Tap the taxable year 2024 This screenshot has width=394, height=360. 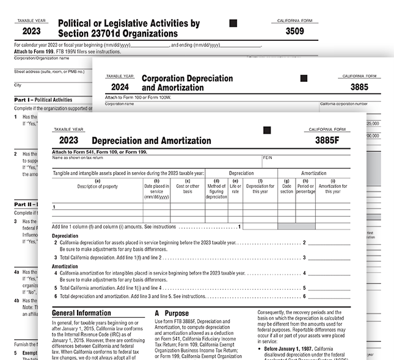click(119, 87)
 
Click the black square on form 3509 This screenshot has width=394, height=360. click(233, 23)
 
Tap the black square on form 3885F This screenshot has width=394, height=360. click(266, 130)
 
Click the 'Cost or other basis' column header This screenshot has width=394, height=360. click(187, 186)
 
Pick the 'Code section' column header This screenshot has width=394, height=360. click(286, 186)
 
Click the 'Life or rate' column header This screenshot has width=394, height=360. click(235, 186)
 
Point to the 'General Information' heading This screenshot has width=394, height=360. click(82, 312)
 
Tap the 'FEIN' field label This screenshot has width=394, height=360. click(268, 157)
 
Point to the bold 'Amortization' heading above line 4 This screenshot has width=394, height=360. click(65, 267)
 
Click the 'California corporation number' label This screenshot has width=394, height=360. click(343, 104)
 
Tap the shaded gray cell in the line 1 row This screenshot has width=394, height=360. click(296, 226)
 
